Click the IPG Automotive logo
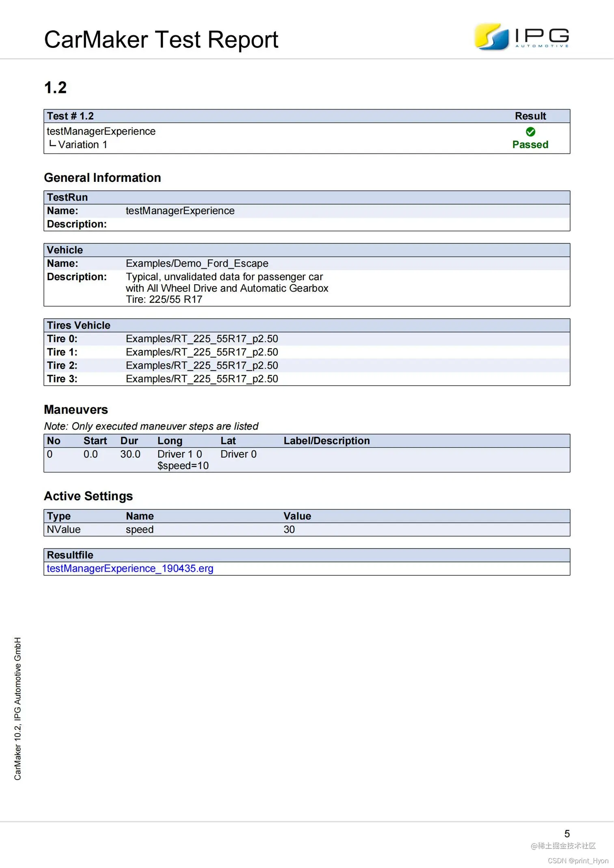521,37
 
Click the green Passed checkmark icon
530,132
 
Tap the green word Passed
530,145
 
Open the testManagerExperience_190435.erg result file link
130,568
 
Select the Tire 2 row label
62,365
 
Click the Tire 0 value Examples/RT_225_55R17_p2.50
202,339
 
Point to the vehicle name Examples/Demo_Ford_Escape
197,263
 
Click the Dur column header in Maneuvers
129,441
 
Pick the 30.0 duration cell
130,454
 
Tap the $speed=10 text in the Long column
183,466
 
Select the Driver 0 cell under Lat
238,454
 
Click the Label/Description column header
326,441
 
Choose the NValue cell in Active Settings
64,529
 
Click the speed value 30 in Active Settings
289,529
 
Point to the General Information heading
102,178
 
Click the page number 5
567,833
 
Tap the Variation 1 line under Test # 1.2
82,145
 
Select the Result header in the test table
530,116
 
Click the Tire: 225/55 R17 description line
164,300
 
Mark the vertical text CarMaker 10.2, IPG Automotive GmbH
17,708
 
